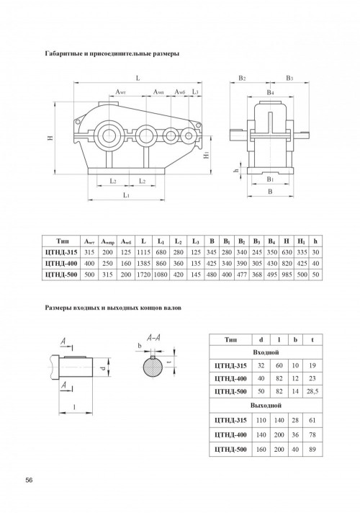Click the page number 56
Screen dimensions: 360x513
(30, 481)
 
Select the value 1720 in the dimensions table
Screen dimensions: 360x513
(143, 275)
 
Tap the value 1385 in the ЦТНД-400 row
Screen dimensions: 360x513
(143, 264)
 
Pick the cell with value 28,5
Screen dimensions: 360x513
(312, 391)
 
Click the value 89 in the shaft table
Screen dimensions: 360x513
(312, 449)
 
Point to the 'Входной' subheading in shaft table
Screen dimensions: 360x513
(266, 353)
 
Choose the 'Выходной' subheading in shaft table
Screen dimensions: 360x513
(266, 406)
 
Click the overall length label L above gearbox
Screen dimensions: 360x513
(138, 78)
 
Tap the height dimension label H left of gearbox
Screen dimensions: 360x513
(50, 138)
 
